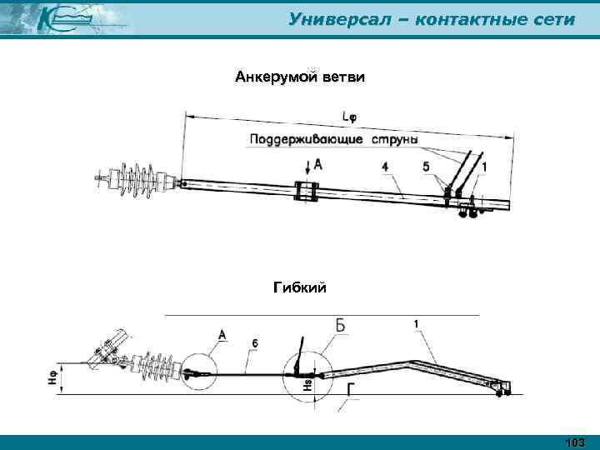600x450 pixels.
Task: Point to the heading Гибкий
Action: pos(300,287)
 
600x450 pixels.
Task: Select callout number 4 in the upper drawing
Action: pos(385,167)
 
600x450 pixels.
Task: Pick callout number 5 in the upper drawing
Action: pos(427,167)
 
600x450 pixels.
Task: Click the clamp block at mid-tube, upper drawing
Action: pos(306,192)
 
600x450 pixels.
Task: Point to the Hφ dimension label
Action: pos(52,379)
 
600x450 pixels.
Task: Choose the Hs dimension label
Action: pos(307,385)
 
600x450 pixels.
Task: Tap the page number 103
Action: pos(574,442)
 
